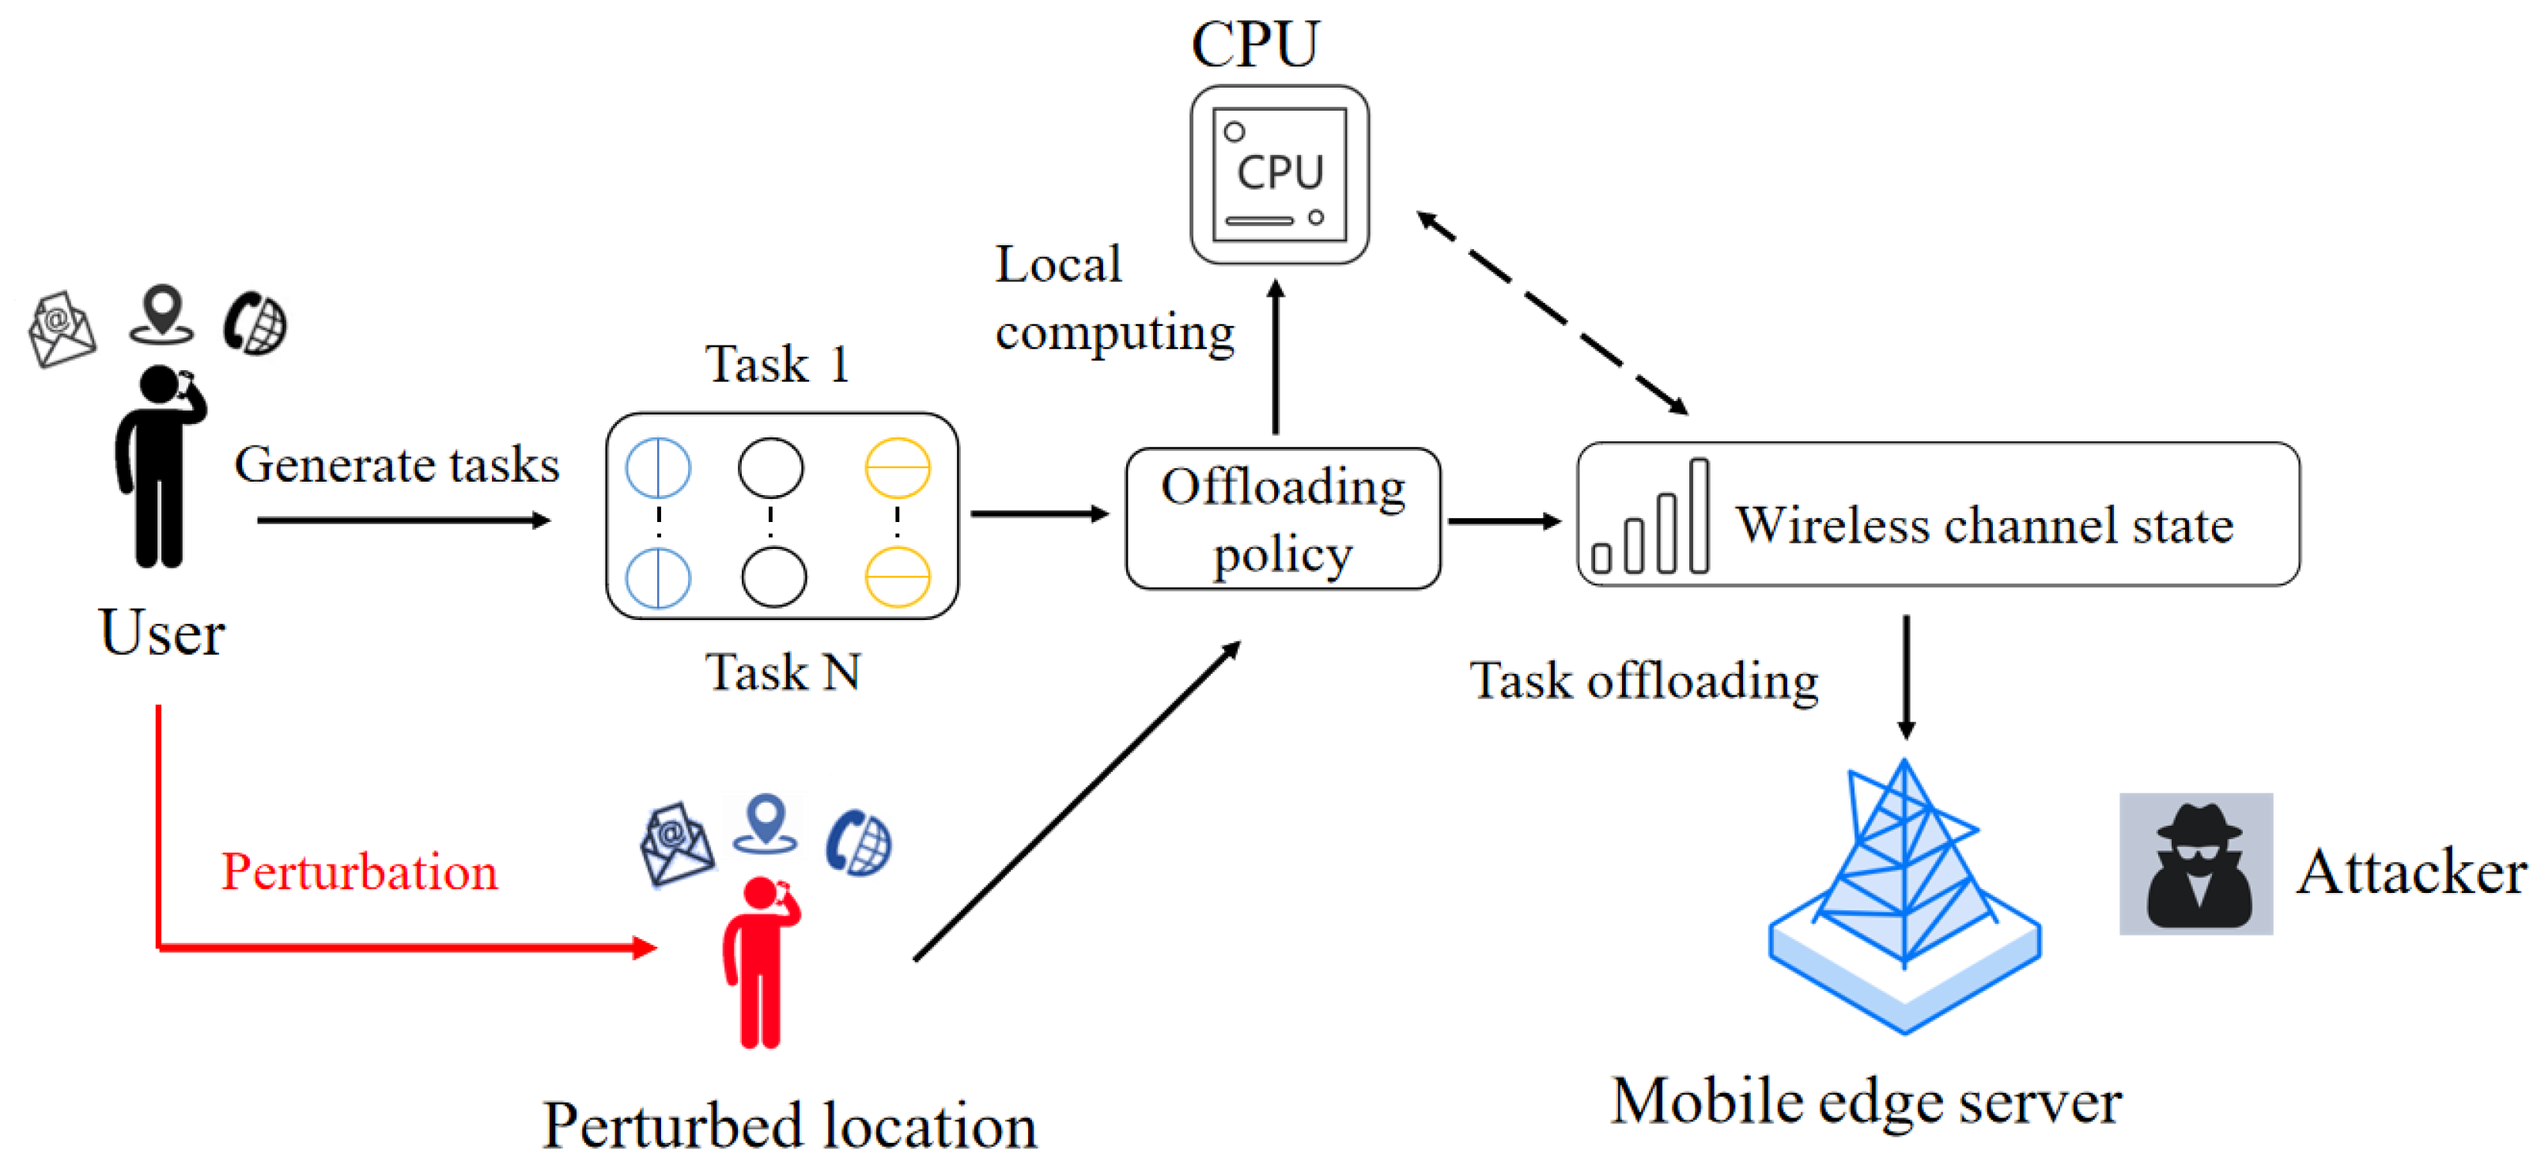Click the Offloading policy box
click(1282, 519)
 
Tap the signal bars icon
click(1650, 519)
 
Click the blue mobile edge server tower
click(1904, 896)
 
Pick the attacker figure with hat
click(2195, 864)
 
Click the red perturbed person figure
click(759, 961)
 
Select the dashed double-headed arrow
click(1552, 312)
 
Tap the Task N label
click(782, 672)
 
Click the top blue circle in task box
click(658, 467)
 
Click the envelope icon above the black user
click(61, 328)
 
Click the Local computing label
click(1113, 298)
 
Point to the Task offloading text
click(1643, 680)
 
